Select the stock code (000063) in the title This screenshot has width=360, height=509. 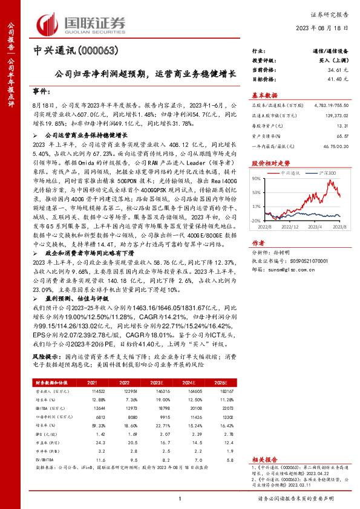point(97,51)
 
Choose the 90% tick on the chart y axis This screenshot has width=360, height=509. point(257,178)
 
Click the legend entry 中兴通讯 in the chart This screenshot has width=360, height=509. point(293,173)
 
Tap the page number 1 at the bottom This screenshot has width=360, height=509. point(180,497)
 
